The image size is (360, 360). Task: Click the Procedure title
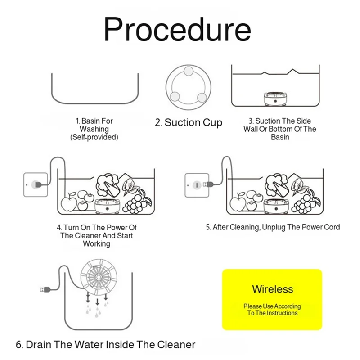click(x=177, y=29)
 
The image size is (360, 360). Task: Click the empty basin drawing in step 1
click(x=94, y=90)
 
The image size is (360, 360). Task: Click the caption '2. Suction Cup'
click(x=189, y=123)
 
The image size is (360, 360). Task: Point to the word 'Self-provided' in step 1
click(x=94, y=137)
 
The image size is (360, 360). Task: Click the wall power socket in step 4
click(x=35, y=184)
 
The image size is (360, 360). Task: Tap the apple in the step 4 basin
click(x=69, y=203)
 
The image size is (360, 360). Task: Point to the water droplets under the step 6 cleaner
click(x=98, y=310)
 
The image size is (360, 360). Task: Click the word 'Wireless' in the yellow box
click(x=272, y=289)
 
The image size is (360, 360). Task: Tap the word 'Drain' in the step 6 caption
click(x=39, y=345)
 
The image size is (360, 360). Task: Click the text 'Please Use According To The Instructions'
click(x=272, y=310)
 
